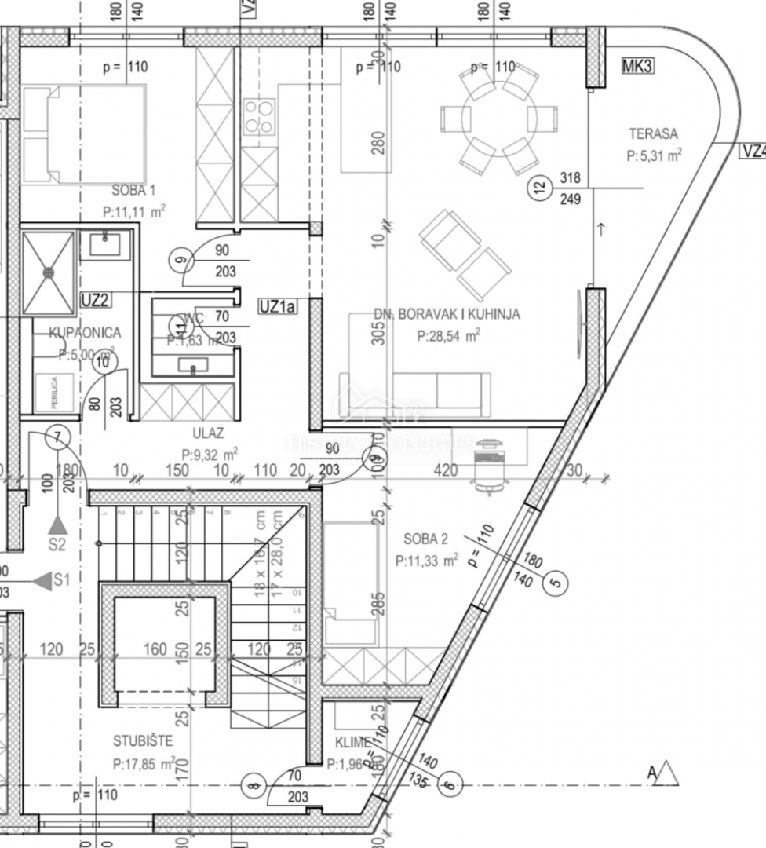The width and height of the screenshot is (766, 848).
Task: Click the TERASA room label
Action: [x=652, y=133]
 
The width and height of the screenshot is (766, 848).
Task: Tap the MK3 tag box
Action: [x=637, y=67]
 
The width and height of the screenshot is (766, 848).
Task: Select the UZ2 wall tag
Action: [x=95, y=298]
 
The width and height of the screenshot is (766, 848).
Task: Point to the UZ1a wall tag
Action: [x=277, y=307]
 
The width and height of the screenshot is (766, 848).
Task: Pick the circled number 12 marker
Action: [x=538, y=188]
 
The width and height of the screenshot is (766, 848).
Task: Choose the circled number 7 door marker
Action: [x=58, y=437]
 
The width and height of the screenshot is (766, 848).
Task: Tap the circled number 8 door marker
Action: [x=252, y=784]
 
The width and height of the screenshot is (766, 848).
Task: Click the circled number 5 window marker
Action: [x=556, y=583]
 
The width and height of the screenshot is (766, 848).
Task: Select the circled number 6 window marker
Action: [x=449, y=784]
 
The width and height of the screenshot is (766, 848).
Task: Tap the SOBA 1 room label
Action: [x=134, y=190]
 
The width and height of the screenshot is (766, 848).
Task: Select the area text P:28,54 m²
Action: [x=449, y=334]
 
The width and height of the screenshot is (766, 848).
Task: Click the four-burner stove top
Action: [x=259, y=116]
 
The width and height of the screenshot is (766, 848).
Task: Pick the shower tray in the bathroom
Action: [x=49, y=272]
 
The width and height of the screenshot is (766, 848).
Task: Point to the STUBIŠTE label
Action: [x=143, y=740]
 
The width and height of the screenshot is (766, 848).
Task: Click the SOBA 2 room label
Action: [x=425, y=539]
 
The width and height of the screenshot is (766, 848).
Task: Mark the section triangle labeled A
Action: [x=669, y=773]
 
